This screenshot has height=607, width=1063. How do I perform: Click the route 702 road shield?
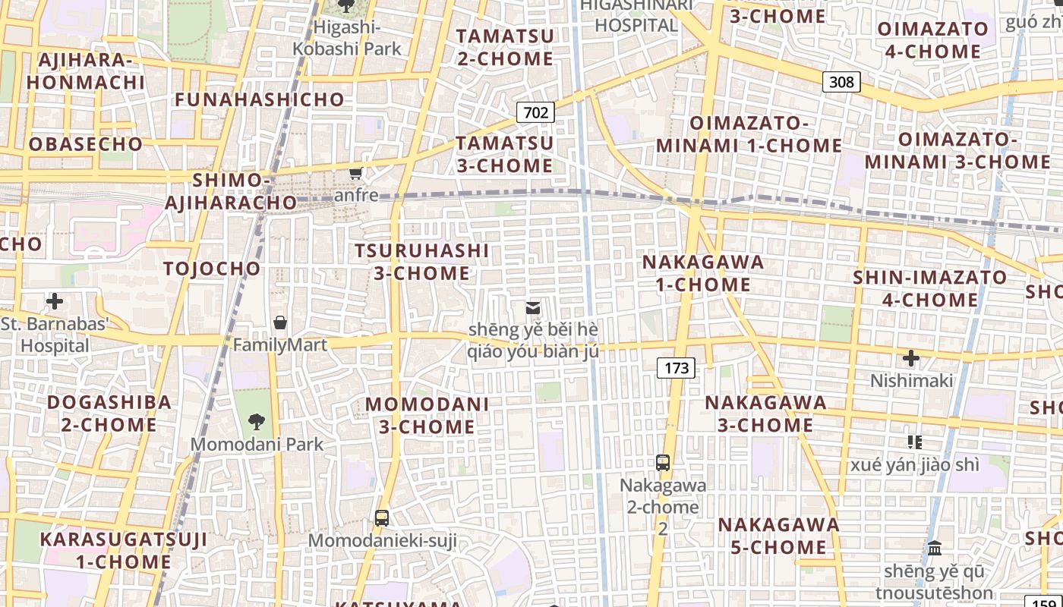tap(535, 113)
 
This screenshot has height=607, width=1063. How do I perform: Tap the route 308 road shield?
tap(841, 81)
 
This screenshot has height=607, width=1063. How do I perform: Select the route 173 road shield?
tap(676, 368)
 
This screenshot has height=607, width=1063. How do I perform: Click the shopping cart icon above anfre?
tap(355, 173)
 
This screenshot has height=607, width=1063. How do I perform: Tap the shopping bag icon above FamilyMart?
tap(280, 322)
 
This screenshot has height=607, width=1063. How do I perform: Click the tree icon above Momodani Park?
tap(257, 421)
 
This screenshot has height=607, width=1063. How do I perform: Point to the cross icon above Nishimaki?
tap(910, 358)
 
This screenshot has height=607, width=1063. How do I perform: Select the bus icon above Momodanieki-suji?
tap(382, 518)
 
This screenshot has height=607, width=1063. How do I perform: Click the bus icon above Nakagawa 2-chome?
tap(663, 462)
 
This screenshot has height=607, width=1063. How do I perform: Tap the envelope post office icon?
tap(533, 308)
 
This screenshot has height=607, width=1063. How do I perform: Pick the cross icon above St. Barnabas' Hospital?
tap(55, 301)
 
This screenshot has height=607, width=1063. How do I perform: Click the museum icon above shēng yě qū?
tap(935, 548)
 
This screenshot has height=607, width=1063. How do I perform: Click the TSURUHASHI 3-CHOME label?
tap(421, 261)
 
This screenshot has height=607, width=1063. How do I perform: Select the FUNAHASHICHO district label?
tap(260, 99)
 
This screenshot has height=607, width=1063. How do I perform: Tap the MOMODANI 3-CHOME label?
tap(427, 415)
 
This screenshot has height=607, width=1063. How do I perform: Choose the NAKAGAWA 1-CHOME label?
tap(703, 273)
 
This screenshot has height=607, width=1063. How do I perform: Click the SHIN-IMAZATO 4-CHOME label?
tap(929, 288)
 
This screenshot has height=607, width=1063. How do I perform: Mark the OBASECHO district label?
tap(86, 144)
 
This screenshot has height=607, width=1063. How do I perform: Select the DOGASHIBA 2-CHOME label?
tap(109, 413)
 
